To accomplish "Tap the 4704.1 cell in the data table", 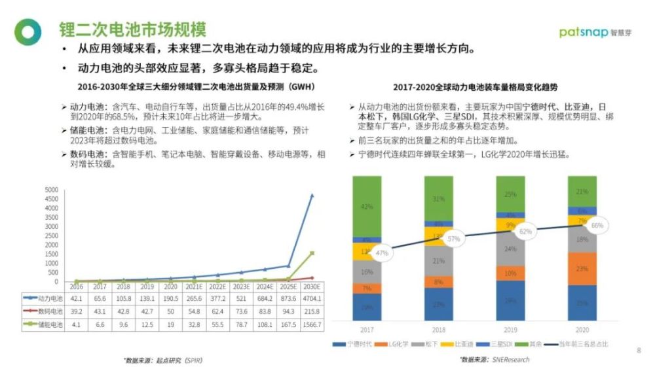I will coord(312,298).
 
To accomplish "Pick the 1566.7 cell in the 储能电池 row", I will coord(312,324).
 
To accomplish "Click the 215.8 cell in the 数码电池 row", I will coord(312,311).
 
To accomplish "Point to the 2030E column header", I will coord(312,286).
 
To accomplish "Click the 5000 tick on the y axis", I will coord(51,190).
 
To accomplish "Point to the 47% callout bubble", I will coord(382,252).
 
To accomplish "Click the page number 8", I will coord(639,351).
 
